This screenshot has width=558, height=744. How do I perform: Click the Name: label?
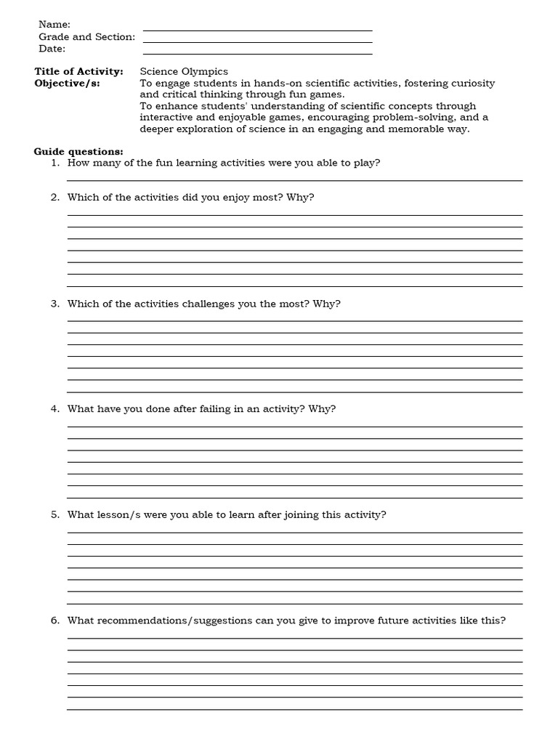54,25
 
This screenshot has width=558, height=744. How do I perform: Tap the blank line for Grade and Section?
258,42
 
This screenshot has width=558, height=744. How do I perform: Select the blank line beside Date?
258,54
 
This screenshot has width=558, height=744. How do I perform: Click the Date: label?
52,49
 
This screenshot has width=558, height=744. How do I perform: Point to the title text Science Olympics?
184,71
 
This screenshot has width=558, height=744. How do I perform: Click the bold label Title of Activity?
79,71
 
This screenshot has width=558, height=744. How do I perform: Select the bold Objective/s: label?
68,83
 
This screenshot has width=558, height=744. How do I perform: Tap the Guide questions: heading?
78,151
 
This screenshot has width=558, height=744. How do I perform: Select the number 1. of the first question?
55,163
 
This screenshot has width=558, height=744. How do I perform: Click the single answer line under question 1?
294,180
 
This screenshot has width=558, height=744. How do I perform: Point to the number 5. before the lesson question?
55,515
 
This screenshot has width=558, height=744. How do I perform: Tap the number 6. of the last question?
55,620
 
